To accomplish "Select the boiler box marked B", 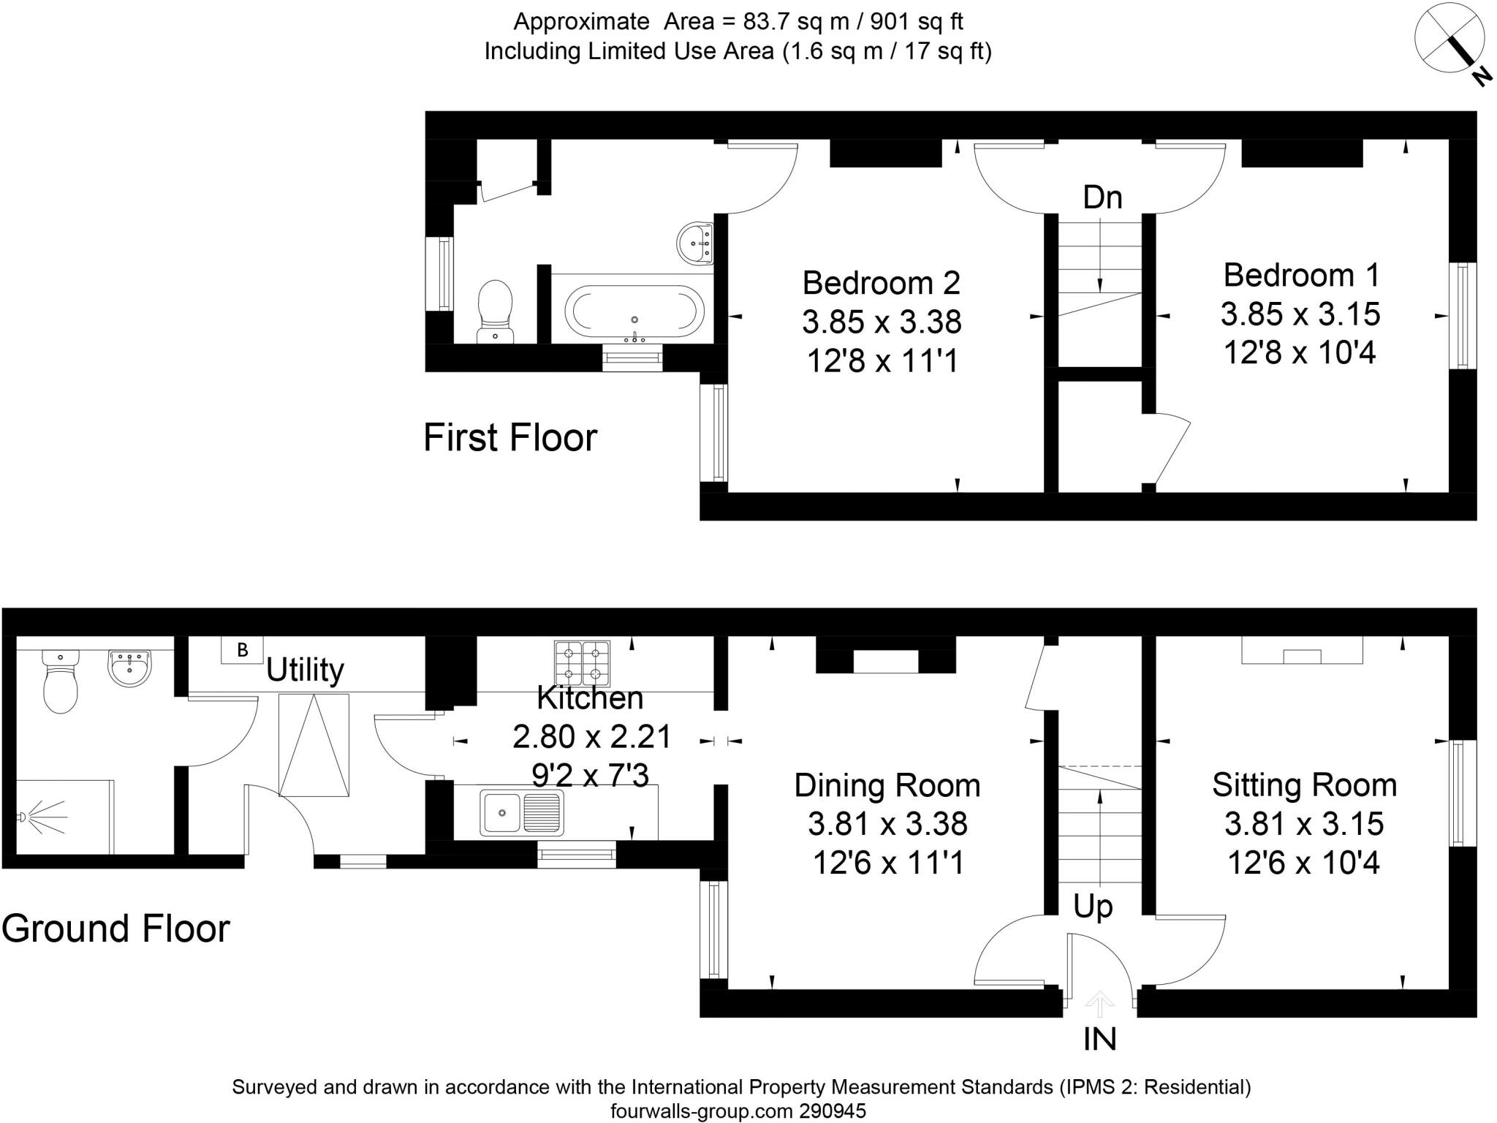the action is click(242, 649).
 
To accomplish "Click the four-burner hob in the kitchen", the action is click(582, 662).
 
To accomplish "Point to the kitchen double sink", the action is click(521, 812).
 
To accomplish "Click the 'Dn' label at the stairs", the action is click(1102, 197).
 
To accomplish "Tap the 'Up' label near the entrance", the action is click(1093, 907).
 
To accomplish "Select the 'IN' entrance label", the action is click(1099, 1039).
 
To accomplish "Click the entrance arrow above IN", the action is click(1099, 1005).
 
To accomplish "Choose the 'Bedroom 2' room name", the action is click(881, 283).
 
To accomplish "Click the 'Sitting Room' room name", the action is click(1304, 785).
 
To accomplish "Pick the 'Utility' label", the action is click(305, 670).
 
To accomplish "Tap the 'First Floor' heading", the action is click(510, 438).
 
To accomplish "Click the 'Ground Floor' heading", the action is click(115, 929).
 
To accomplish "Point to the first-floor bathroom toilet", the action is click(495, 310).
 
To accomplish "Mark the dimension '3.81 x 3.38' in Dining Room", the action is click(887, 824).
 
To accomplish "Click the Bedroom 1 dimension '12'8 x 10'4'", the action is click(1300, 353).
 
